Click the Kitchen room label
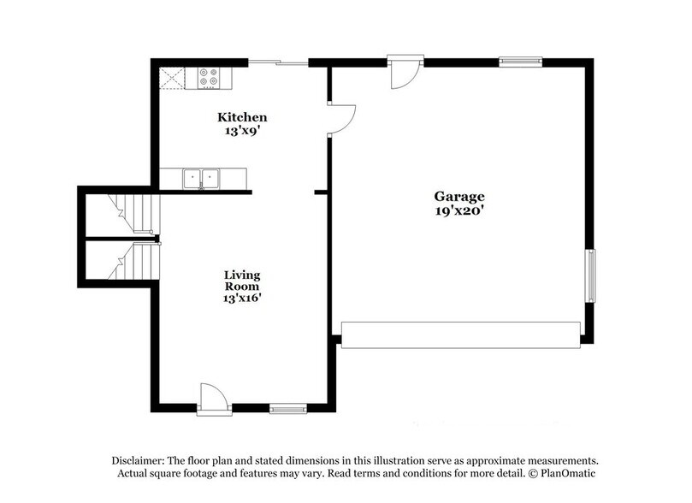click(242, 117)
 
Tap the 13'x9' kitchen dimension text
click(242, 131)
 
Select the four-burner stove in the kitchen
click(209, 78)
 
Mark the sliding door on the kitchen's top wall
click(278, 62)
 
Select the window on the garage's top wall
click(520, 61)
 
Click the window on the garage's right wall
click(589, 275)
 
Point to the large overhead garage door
click(461, 334)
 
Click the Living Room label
click(242, 281)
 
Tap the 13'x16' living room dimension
click(242, 299)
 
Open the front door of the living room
click(214, 399)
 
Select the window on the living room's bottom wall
click(288, 409)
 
